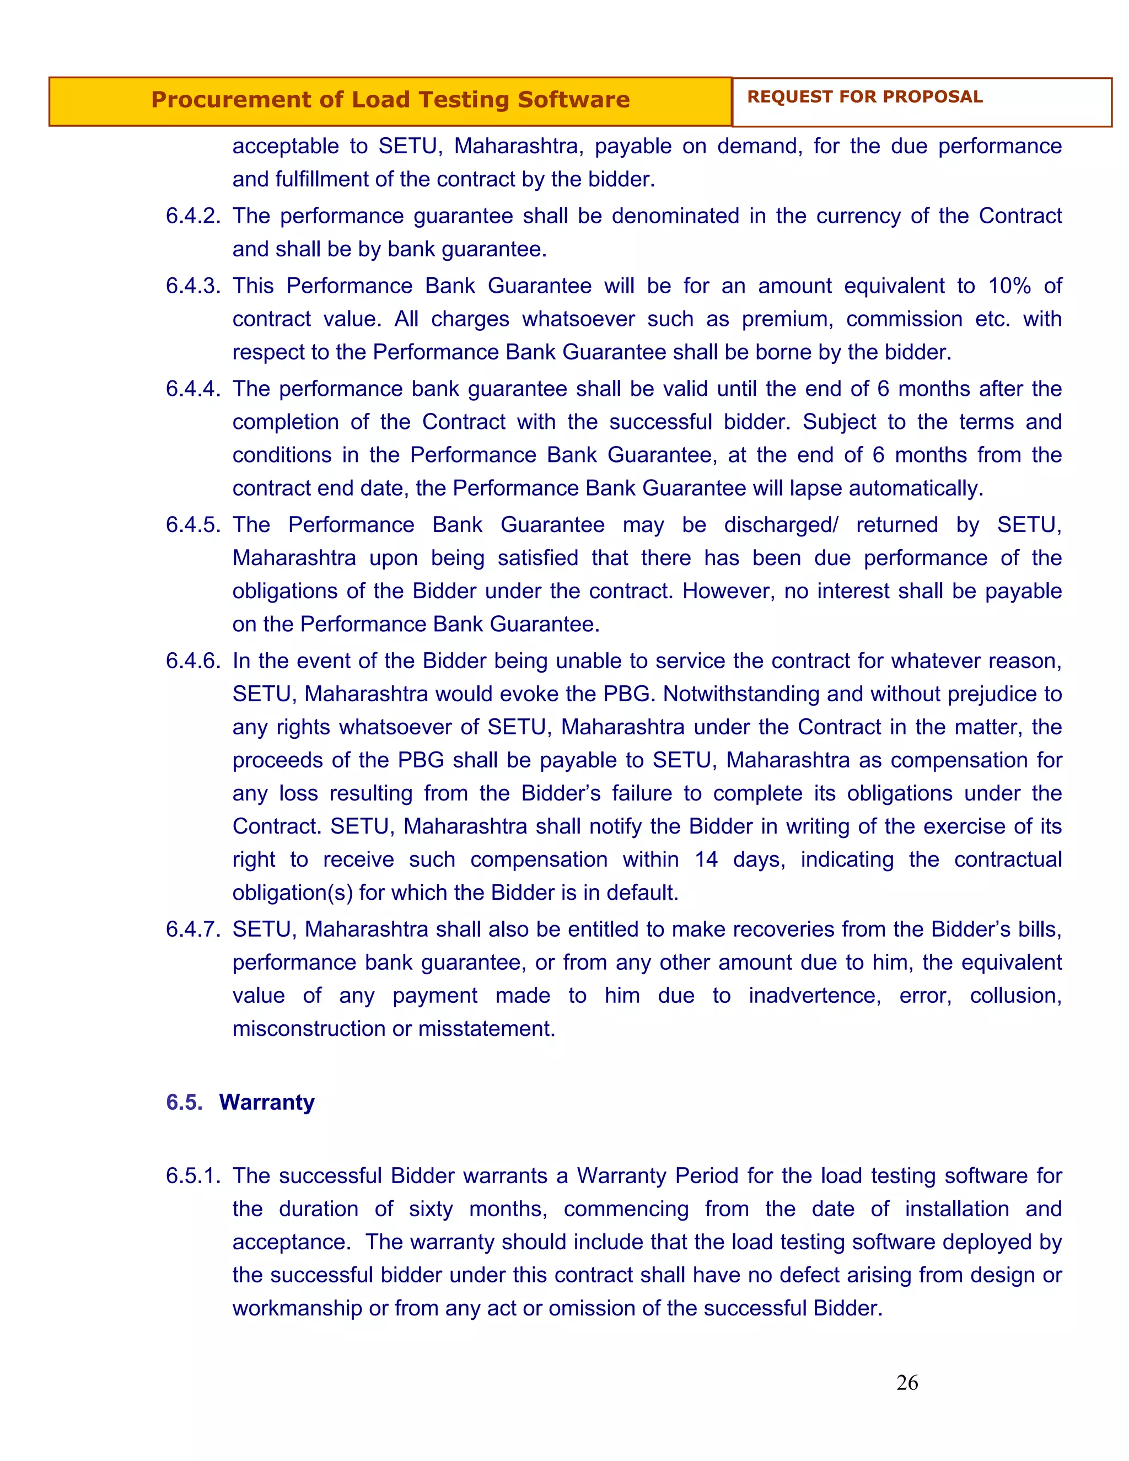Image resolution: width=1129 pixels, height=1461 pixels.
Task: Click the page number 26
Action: pos(906,1382)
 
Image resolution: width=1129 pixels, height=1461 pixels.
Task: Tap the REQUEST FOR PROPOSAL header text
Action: pos(864,97)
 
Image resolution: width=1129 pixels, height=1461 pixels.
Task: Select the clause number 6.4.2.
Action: pos(192,216)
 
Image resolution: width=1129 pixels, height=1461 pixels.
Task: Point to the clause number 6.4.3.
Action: pos(192,286)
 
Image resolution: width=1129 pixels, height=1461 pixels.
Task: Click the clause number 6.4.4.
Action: pos(192,389)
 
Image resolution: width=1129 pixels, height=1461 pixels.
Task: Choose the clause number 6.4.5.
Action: pos(192,524)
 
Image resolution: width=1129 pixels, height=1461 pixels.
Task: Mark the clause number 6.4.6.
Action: pos(192,661)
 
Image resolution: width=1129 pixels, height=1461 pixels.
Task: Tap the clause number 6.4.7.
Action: pos(192,929)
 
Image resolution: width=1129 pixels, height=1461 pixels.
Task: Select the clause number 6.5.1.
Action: pos(192,1175)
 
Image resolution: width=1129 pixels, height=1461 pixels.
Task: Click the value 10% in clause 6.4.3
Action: pos(1009,286)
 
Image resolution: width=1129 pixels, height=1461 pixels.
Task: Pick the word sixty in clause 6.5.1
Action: pos(431,1209)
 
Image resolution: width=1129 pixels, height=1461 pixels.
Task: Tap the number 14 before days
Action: pos(706,859)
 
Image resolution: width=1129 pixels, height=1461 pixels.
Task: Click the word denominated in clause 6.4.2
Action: pos(675,216)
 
